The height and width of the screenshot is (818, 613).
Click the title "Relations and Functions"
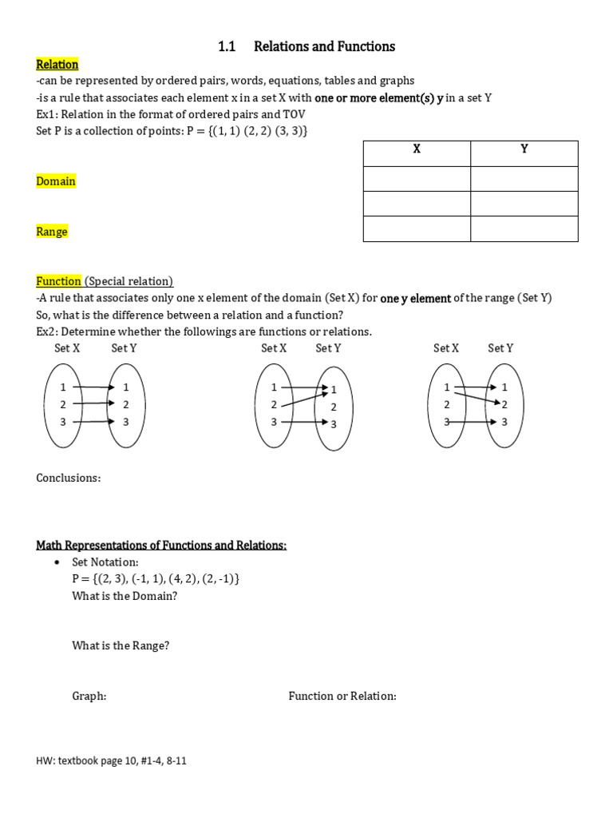pos(324,46)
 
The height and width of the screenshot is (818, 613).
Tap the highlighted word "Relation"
pos(57,64)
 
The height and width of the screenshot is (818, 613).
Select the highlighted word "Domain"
pos(56,181)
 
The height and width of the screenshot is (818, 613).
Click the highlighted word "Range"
pos(52,232)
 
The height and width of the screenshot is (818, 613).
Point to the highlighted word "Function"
pos(58,281)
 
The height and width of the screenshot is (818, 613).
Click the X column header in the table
pos(417,149)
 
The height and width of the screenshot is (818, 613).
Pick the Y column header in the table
pos(524,149)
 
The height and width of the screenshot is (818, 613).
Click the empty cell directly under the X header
pos(417,178)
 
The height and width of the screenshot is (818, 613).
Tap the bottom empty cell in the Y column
pos(524,228)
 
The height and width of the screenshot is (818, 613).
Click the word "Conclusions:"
pos(69,478)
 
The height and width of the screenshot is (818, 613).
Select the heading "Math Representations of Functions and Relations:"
pos(161,545)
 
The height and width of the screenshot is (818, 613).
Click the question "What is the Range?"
pos(121,645)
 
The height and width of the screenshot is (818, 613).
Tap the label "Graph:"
pos(89,696)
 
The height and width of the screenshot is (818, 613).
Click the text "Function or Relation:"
pos(342,696)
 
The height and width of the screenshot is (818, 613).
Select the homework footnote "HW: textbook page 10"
pos(111,760)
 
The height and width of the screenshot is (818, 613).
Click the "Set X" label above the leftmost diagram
pos(67,347)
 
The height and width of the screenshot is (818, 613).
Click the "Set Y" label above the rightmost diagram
pos(500,347)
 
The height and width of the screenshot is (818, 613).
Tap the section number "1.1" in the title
pos(227,46)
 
